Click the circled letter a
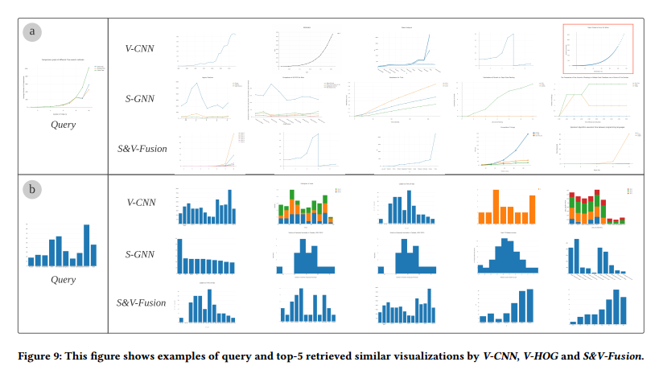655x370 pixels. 33,32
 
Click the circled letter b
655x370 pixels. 33,191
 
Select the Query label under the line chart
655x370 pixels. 64,125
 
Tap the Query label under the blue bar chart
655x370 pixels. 64,279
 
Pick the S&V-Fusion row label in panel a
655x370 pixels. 142,149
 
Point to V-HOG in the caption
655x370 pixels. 542,355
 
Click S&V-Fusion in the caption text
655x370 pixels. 611,355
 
